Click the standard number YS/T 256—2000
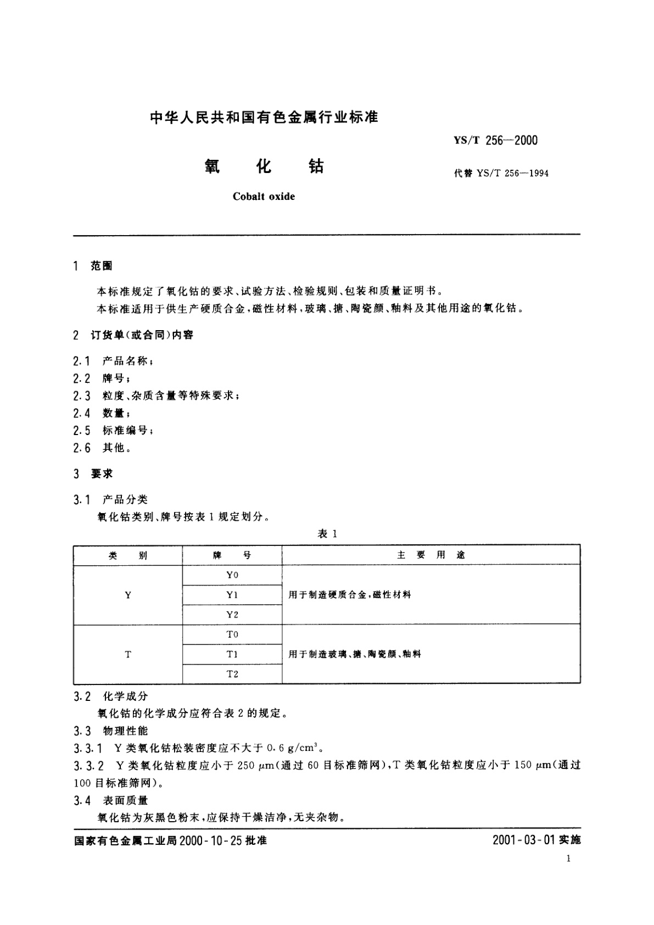point(495,140)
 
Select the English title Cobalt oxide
point(264,197)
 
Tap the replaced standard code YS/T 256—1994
point(512,174)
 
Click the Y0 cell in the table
point(232,575)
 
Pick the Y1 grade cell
point(232,595)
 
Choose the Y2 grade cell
point(232,615)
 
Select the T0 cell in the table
point(232,634)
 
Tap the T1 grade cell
point(232,654)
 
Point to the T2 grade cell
point(232,674)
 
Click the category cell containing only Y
point(128,595)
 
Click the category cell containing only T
point(128,654)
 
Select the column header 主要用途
point(431,555)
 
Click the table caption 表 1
point(327,534)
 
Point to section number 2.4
point(82,413)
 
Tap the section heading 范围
point(102,266)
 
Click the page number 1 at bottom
point(568,859)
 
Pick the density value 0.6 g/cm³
point(292,748)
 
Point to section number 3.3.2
point(89,766)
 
